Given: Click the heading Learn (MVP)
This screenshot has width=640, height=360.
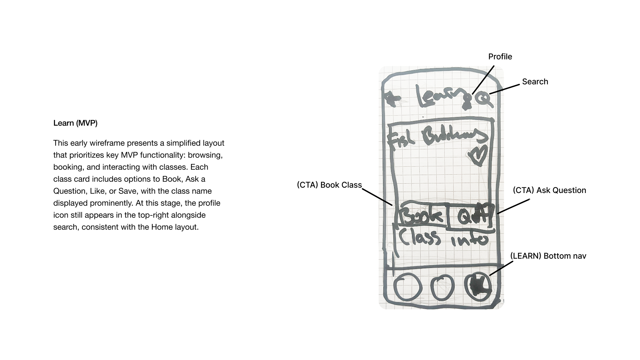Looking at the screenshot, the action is pos(75,123).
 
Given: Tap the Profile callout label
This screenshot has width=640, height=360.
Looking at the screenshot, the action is pos(500,57).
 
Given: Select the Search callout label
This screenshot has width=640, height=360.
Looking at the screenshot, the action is pos(535,82).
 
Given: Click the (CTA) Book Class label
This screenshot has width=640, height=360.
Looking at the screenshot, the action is pos(329,185).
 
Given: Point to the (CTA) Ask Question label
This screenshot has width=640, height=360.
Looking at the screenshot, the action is pos(549,190).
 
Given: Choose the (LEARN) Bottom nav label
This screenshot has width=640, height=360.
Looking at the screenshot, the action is pos(548,256).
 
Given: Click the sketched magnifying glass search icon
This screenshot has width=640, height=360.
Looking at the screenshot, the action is pos(484,99).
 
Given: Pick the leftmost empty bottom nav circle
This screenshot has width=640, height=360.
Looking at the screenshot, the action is pos(406,287).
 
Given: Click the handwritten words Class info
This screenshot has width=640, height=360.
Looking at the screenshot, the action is pos(443,238).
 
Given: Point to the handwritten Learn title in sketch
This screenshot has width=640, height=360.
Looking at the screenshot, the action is pos(442,97).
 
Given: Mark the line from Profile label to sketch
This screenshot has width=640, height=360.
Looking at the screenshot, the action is pos(483,80).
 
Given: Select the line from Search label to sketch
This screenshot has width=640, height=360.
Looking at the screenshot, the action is pos(504,89).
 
